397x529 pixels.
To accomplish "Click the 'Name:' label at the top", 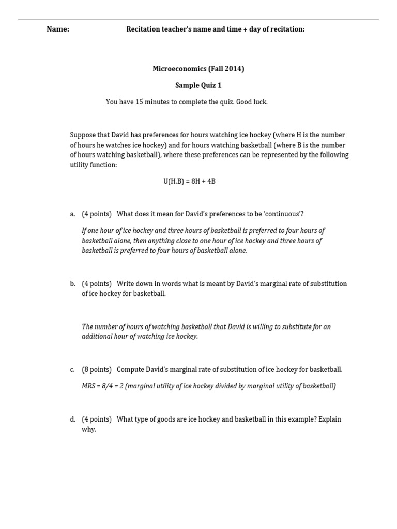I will (x=58, y=29).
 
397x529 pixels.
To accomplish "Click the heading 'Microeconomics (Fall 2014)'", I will (x=198, y=69).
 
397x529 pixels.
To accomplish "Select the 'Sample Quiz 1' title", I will (x=198, y=85).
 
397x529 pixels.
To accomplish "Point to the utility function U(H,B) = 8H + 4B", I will (x=189, y=182).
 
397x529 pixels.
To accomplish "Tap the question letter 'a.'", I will (x=73, y=214).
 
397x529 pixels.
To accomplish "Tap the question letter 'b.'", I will (x=73, y=284).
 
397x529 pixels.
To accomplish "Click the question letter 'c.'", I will (x=73, y=370).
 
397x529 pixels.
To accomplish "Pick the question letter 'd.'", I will (x=73, y=419).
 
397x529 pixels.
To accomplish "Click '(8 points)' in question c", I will (x=97, y=370).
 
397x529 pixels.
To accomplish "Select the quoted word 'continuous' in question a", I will (x=283, y=214).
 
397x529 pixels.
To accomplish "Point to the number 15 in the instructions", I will (x=139, y=102).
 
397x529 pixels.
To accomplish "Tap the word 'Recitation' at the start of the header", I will (x=143, y=29).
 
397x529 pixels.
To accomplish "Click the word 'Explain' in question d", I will (x=330, y=419).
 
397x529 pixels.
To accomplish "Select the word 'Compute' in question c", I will (x=130, y=370).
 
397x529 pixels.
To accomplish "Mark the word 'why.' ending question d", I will (x=89, y=430).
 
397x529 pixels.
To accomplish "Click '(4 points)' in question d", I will (x=97, y=419).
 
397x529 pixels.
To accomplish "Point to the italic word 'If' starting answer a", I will (x=84, y=231).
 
